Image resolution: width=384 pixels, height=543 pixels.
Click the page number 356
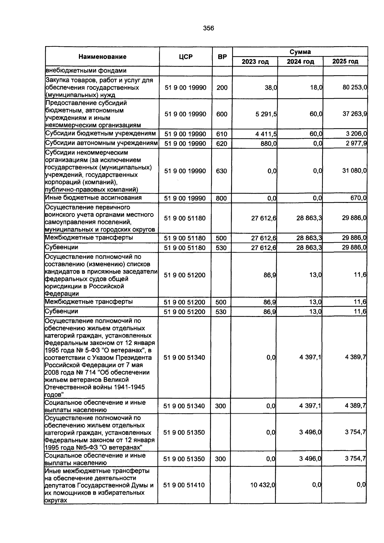click(x=208, y=28)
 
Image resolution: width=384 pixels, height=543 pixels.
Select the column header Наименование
click(x=102, y=57)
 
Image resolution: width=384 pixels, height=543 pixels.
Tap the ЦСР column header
click(x=186, y=57)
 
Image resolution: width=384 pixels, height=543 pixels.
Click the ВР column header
click(x=222, y=57)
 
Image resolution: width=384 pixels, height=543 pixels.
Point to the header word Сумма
click(x=300, y=52)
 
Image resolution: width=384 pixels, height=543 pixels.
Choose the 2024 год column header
click(x=300, y=61)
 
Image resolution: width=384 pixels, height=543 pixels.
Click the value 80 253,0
click(x=355, y=87)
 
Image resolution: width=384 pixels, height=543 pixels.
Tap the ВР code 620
click(x=221, y=144)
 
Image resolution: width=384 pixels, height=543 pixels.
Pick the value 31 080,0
click(x=354, y=171)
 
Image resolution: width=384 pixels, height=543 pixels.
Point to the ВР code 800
click(x=221, y=198)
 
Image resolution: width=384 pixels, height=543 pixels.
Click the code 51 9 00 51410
click(x=184, y=485)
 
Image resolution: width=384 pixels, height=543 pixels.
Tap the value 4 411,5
click(x=266, y=134)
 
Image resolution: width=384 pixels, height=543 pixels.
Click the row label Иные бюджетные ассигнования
click(x=93, y=198)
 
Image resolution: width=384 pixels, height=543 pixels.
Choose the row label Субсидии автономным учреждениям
click(x=101, y=143)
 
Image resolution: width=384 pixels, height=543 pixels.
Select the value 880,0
click(x=268, y=144)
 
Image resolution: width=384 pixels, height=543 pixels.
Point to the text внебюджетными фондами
click(x=86, y=70)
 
